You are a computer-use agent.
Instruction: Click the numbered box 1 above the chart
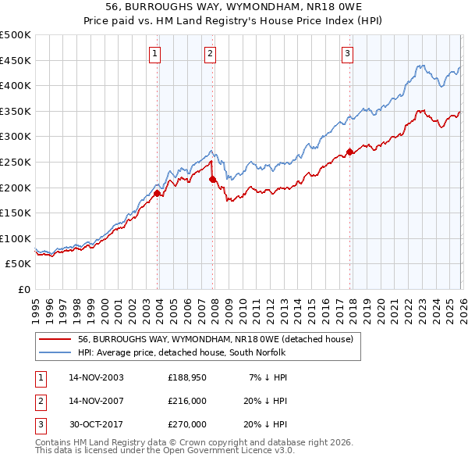[x=155, y=54]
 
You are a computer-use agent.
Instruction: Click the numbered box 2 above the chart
[x=211, y=54]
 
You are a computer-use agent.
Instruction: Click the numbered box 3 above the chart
[x=347, y=54]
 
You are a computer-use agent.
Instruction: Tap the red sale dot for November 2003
[x=158, y=193]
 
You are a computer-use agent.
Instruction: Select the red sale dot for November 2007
[x=212, y=179]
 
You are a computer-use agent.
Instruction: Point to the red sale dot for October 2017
[x=349, y=152]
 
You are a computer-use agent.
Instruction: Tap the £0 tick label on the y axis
[x=25, y=289]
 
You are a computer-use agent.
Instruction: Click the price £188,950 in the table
[x=186, y=377]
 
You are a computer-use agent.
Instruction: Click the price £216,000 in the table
[x=186, y=401]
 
